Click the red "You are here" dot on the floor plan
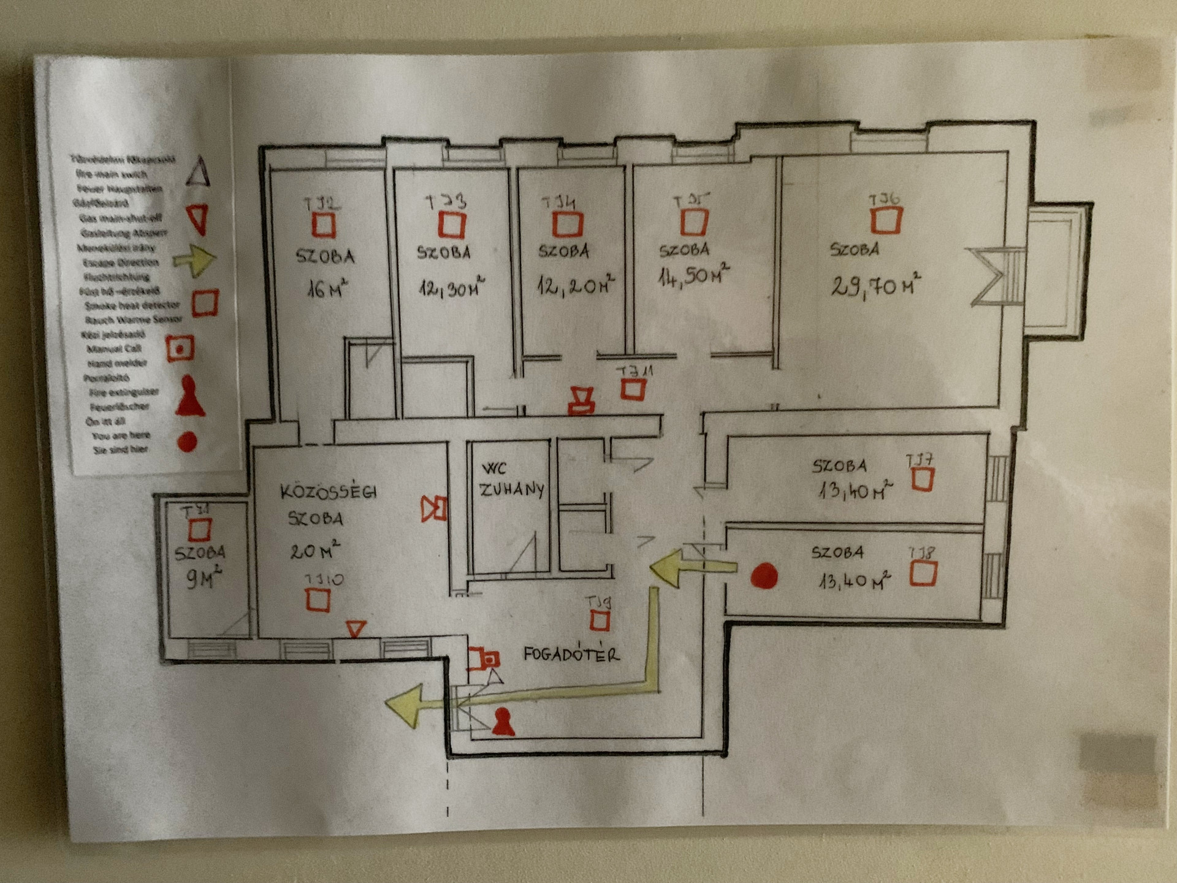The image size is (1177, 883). coord(764,576)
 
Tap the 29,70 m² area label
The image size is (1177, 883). coord(876,286)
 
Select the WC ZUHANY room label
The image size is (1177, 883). coord(512,480)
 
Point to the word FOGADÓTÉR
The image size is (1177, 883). coord(571,654)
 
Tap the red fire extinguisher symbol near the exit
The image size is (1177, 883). coord(503,722)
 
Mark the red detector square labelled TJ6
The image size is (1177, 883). coord(886,220)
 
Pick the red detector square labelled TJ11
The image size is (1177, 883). coord(633,389)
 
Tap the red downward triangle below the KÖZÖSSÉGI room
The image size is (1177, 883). coord(356,629)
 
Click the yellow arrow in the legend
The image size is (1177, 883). coord(195,260)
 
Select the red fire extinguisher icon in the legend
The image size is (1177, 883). coord(190,397)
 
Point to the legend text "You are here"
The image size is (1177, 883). coord(121,435)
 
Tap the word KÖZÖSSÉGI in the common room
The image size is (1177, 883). coord(329,492)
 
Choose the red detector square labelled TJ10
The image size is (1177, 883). coord(318,600)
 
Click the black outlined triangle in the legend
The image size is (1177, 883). coord(198,171)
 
